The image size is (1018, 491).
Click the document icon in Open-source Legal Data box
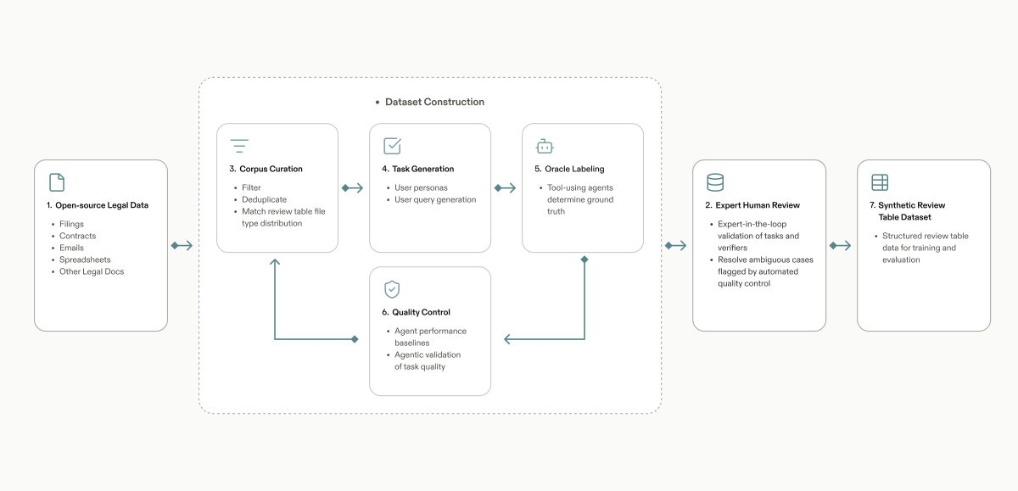tap(57, 182)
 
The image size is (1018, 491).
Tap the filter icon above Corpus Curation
tap(239, 146)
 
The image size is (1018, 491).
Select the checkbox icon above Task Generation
tap(392, 146)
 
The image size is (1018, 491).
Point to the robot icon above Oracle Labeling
tap(545, 146)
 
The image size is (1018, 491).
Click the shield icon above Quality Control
tap(392, 289)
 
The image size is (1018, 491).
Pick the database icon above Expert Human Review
tap(715, 182)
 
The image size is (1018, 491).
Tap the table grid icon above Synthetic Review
tap(880, 182)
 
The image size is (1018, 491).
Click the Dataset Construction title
tap(434, 102)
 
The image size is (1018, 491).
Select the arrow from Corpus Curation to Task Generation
tap(352, 187)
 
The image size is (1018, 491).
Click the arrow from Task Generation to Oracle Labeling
tap(505, 187)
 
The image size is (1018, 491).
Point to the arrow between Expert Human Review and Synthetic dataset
tap(840, 246)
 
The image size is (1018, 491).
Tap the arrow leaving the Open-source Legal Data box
tap(182, 246)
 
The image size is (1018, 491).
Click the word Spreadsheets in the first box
tap(85, 259)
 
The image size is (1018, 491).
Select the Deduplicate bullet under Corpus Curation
tap(264, 199)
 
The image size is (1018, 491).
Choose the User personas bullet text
tap(421, 187)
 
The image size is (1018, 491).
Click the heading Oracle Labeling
tap(574, 169)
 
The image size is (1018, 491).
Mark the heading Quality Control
tap(421, 312)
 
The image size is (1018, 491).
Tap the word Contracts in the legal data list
tap(78, 236)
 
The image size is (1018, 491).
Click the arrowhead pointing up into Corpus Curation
tap(275, 262)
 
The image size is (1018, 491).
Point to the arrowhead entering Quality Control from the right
tap(507, 339)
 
